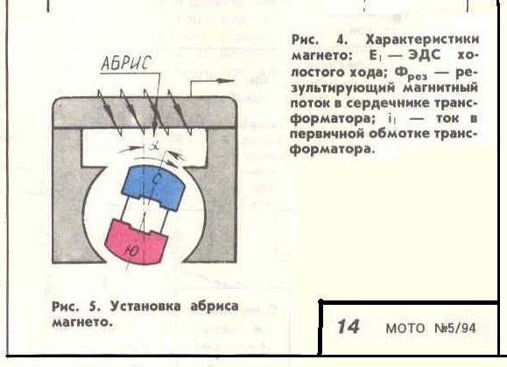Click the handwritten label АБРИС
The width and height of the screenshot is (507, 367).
(126, 62)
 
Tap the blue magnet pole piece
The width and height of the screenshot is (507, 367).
(153, 187)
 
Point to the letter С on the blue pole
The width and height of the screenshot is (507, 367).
(155, 180)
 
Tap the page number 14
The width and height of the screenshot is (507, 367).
(348, 326)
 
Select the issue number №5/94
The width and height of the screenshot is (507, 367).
(455, 328)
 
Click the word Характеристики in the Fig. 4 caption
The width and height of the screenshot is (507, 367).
(422, 39)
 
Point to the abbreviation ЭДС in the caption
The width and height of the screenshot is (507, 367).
(425, 55)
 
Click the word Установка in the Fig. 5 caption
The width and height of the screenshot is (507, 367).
(145, 306)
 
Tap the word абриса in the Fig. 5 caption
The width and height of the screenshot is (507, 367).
(215, 307)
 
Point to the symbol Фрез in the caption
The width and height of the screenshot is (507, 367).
(411, 74)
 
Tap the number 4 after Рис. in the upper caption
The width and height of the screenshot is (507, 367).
(342, 39)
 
